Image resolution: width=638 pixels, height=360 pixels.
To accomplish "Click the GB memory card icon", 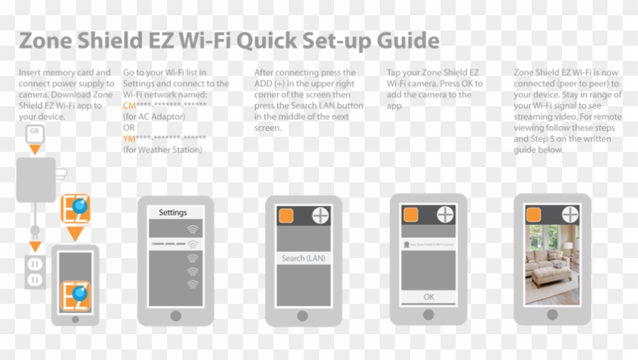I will [33, 133].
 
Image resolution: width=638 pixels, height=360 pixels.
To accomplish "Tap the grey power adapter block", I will [35, 180].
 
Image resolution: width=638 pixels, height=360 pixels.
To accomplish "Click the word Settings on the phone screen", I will [172, 213].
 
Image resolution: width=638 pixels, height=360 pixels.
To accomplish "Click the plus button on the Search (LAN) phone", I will [321, 215].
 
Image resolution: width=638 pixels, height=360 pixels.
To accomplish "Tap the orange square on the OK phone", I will [411, 215].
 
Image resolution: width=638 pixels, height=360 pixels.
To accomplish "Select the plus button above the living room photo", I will [570, 215].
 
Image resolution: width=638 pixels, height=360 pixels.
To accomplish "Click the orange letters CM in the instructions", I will [129, 106].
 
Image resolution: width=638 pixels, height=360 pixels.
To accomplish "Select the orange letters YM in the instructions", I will [129, 138].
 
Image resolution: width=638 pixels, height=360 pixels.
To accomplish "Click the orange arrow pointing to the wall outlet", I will [34, 246].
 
